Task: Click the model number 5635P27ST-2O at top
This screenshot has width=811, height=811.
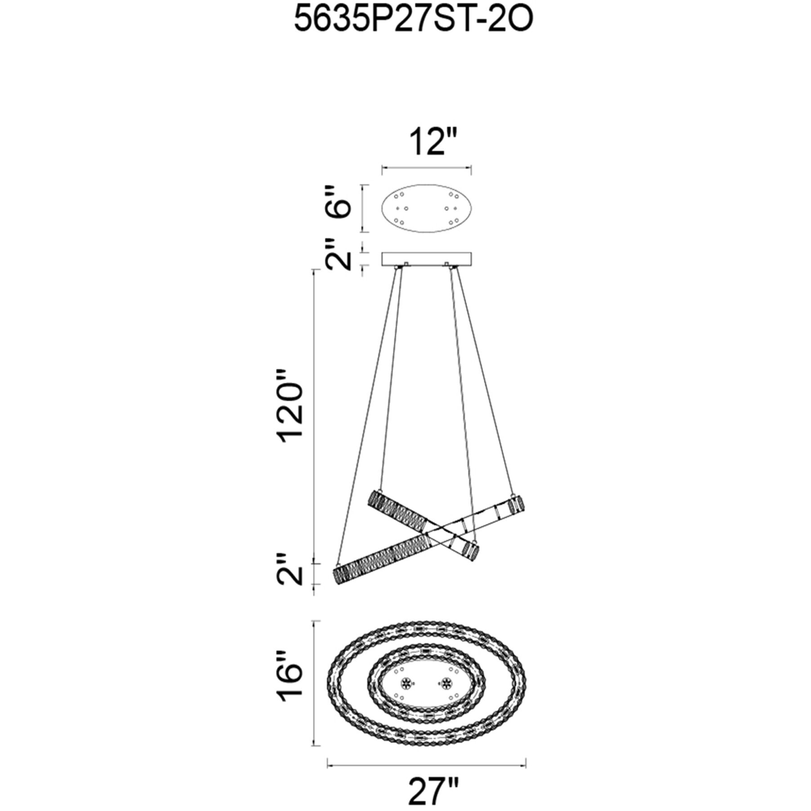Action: click(x=413, y=20)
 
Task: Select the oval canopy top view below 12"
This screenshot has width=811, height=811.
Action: click(x=427, y=208)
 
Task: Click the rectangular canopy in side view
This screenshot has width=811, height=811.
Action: click(x=427, y=259)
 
